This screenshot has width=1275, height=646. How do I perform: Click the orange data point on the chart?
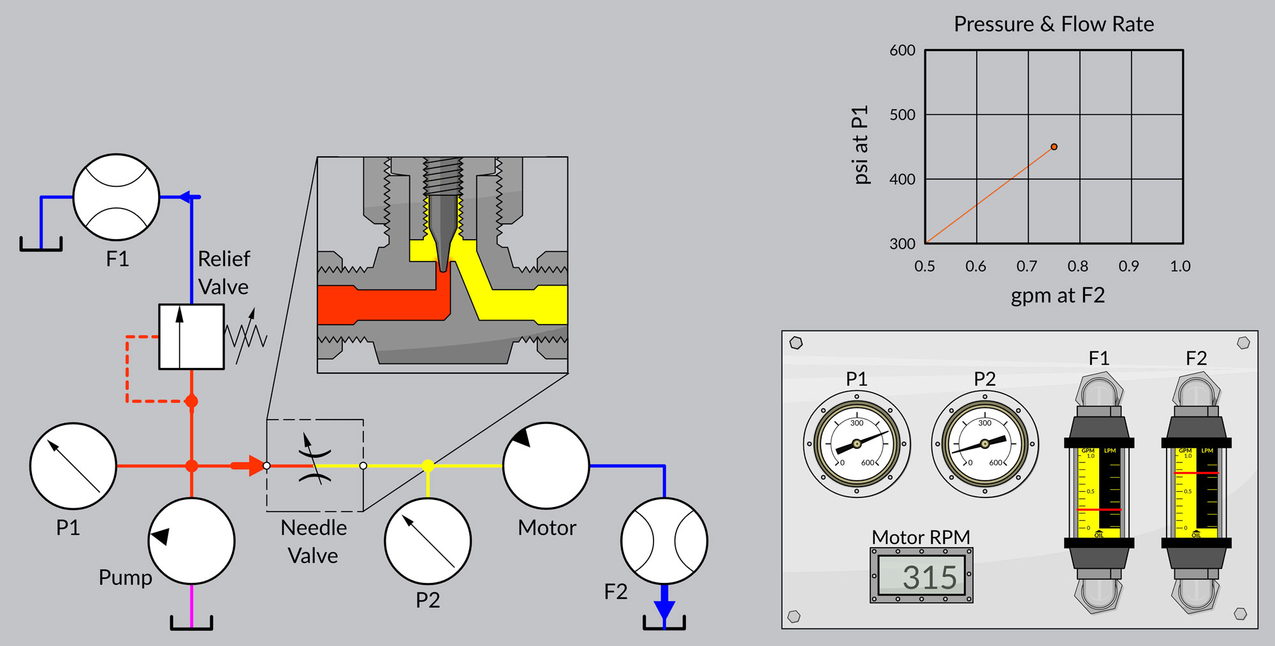(x=1054, y=147)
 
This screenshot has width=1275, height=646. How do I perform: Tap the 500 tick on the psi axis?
(x=902, y=115)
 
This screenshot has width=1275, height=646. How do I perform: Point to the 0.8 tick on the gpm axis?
(x=1077, y=266)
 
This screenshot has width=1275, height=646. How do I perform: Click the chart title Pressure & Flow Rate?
(x=1054, y=24)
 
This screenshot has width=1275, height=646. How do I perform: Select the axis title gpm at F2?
(x=1058, y=295)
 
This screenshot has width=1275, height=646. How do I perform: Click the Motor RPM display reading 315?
(x=922, y=576)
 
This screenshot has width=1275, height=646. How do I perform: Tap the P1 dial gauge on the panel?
(x=857, y=444)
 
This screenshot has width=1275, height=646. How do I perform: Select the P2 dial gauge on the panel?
(x=985, y=444)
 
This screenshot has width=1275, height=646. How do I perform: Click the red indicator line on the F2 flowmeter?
(x=1196, y=473)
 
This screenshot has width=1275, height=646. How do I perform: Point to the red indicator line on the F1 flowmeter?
(x=1098, y=510)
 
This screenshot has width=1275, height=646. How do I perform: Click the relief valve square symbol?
(x=191, y=337)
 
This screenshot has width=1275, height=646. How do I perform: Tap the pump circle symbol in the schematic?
(x=191, y=541)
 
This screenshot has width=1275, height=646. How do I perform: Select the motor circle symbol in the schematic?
(x=546, y=466)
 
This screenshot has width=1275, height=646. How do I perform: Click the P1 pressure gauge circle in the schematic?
(x=73, y=466)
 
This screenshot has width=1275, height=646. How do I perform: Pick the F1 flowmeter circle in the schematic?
(x=116, y=197)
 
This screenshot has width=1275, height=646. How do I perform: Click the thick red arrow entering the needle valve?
(x=247, y=466)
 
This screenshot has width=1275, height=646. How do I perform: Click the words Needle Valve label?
(x=314, y=541)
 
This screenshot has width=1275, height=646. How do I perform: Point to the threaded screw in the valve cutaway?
(x=443, y=176)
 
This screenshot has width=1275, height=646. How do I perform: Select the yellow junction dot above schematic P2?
(x=428, y=466)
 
